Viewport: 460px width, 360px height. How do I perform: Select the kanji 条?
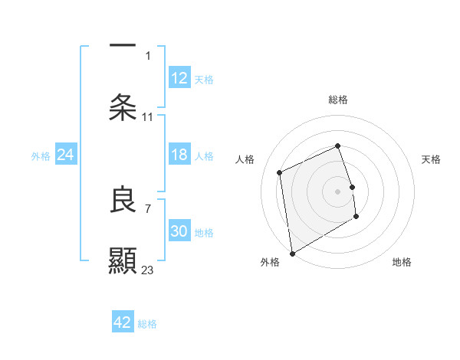123,107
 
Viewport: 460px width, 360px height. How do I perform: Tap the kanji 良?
123,200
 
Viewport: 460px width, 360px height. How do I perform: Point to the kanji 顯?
123,260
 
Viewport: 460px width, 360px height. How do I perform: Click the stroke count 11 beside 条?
148,117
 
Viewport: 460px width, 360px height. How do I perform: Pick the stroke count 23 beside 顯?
148,270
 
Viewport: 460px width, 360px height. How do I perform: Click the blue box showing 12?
179,78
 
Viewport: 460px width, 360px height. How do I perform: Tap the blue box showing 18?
179,155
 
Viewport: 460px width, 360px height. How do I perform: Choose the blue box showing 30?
179,232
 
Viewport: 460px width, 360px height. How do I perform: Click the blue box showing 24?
65,155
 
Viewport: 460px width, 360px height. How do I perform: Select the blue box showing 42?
123,322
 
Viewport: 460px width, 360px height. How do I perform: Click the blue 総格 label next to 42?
148,324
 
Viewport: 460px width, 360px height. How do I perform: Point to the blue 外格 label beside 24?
41,156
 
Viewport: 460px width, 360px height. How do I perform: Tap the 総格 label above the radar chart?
338,100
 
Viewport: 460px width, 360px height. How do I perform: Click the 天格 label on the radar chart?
432,159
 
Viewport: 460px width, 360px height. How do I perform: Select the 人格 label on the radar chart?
245,159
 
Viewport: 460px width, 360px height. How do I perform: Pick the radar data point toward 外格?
292,253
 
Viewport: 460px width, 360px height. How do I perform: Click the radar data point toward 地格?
356,217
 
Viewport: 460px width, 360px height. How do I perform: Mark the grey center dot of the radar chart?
338,191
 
